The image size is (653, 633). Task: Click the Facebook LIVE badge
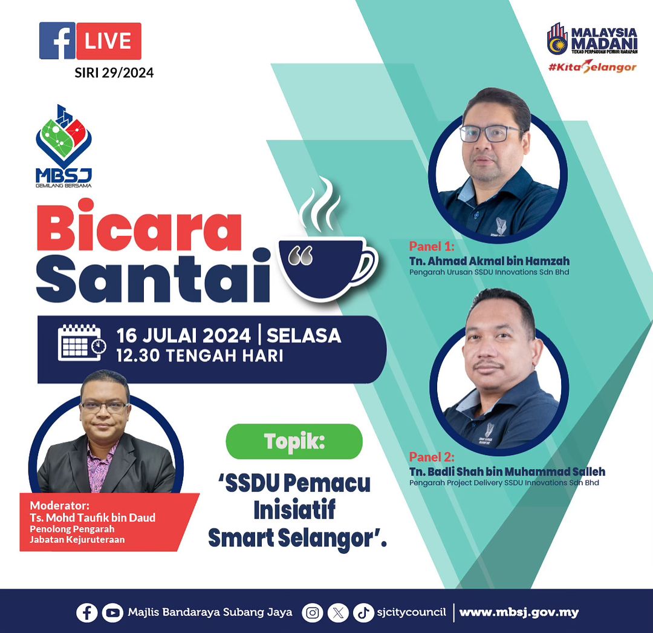click(90, 41)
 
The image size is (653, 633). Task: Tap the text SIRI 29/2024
click(114, 73)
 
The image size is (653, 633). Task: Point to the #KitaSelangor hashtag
click(592, 67)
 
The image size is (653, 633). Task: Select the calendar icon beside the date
click(82, 343)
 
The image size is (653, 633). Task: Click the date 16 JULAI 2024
click(184, 335)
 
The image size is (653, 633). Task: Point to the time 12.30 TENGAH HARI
click(200, 356)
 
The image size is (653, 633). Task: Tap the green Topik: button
click(294, 441)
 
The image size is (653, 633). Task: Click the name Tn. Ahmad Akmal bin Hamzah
click(489, 261)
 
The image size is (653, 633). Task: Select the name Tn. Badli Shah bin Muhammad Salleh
click(507, 471)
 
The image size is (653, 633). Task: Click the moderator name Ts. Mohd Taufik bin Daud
click(93, 517)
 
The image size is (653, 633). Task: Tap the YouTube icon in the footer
click(112, 612)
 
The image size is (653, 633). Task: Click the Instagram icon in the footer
click(313, 612)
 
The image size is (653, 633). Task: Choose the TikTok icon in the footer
click(363, 612)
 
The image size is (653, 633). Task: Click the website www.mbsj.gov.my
click(519, 612)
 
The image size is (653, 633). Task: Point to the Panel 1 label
click(432, 246)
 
